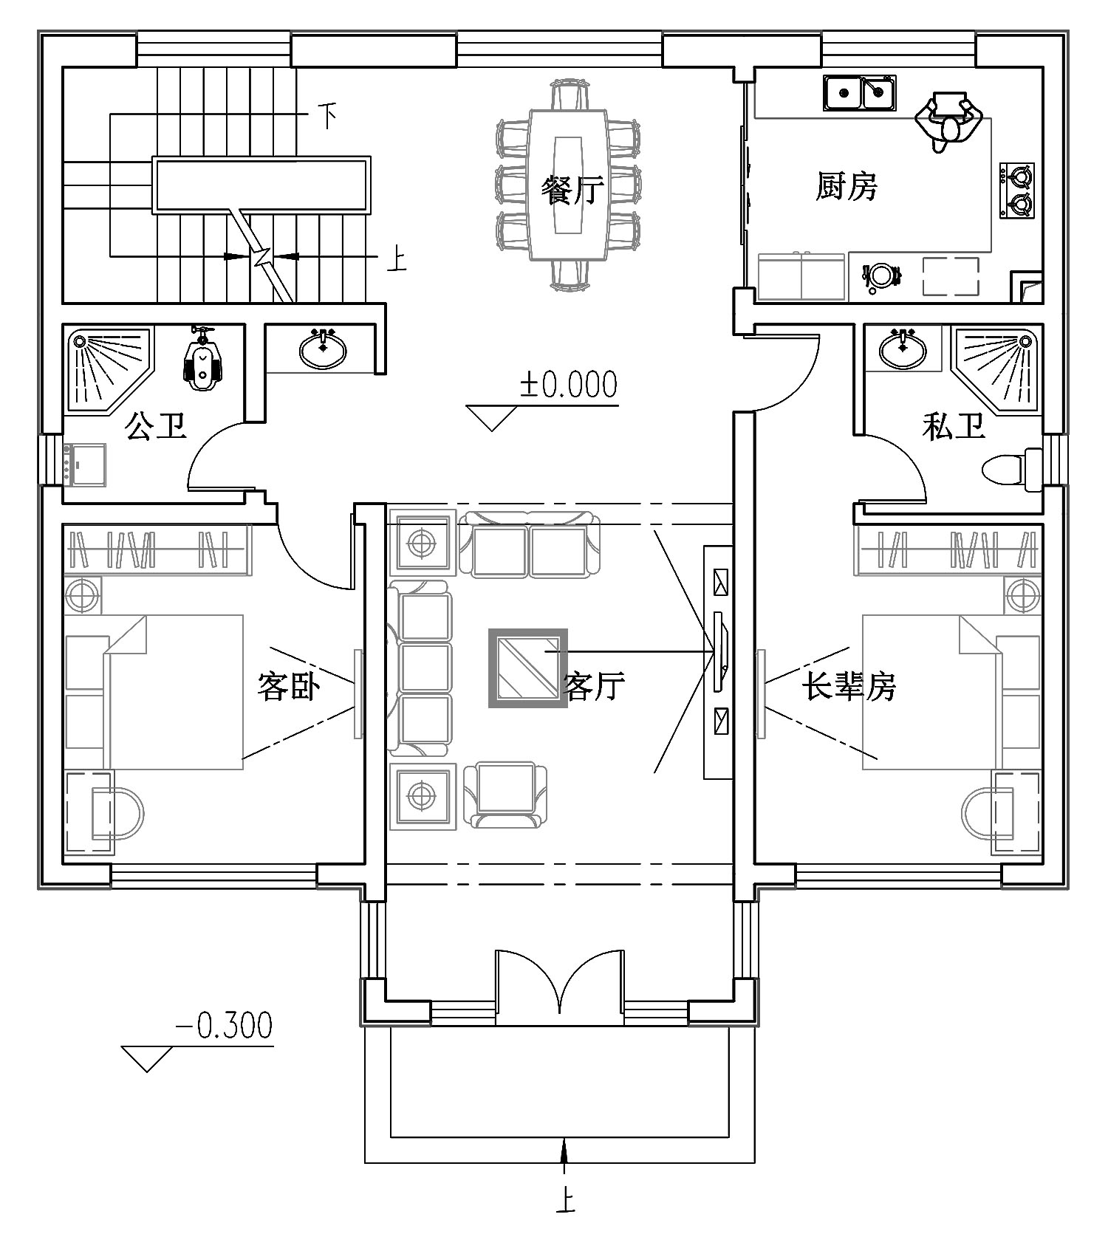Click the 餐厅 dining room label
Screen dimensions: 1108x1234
[x=572, y=191]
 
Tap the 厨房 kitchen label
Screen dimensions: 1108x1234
[x=847, y=186]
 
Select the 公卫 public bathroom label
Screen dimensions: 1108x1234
[x=156, y=426]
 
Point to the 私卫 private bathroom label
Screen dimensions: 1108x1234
[x=953, y=426]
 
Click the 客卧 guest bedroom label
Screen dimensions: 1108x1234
[x=288, y=686]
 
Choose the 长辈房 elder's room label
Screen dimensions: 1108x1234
[x=849, y=687]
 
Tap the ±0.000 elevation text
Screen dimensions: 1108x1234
[x=569, y=385]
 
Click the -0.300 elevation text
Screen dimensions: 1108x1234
[x=224, y=1025]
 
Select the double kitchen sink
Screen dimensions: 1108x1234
[x=859, y=93]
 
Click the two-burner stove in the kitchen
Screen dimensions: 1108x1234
[x=1017, y=189]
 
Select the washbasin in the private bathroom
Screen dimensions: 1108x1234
[x=902, y=349]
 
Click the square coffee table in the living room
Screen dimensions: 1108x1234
[x=527, y=668]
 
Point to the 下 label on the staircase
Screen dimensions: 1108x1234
[x=327, y=115]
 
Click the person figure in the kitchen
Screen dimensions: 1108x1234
[x=948, y=120]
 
